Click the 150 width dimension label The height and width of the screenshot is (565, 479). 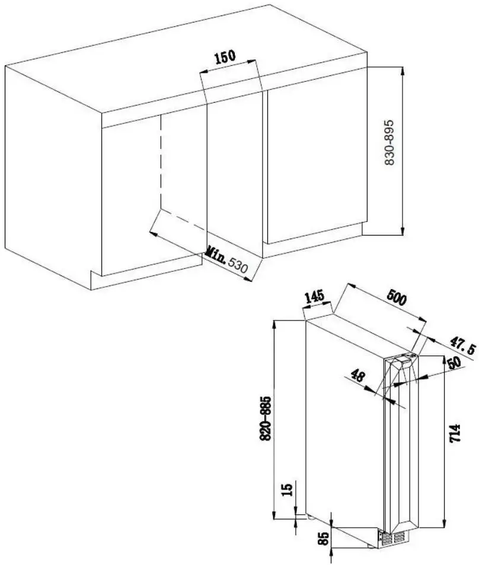225,57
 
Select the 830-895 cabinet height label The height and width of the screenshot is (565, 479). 389,142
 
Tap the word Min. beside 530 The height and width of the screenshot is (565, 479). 216,255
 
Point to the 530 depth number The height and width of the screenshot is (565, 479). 238,265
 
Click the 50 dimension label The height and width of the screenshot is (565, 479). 454,363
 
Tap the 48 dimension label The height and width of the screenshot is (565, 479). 357,376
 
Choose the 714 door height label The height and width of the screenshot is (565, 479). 455,433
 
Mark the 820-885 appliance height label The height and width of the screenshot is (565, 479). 265,419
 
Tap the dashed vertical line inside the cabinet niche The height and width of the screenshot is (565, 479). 160,162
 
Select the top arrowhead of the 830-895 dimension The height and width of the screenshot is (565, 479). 403,71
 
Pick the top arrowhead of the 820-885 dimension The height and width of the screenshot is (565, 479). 274,325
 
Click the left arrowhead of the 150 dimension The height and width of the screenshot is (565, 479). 204,71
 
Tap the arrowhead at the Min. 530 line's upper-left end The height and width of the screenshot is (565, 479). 154,234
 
